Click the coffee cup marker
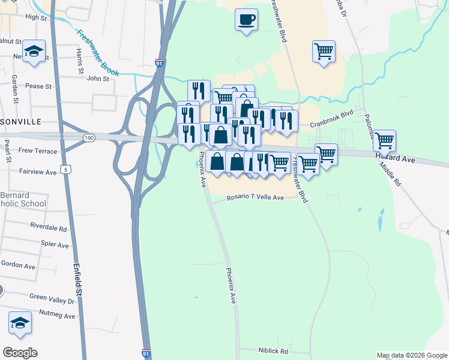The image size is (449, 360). [x=246, y=19]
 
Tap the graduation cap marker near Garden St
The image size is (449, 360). [x=34, y=52]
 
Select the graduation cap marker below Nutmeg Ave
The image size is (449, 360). [x=20, y=323]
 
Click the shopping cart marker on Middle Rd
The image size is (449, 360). [x=384, y=141]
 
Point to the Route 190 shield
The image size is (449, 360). [x=89, y=138]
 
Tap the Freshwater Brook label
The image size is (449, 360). [x=98, y=52]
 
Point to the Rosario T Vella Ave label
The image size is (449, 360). [x=255, y=198]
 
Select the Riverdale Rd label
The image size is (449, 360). [x=48, y=228]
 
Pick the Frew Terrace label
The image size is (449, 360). [x=37, y=150]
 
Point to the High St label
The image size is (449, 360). [x=36, y=18]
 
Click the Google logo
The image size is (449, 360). [x=20, y=353]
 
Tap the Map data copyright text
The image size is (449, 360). [x=411, y=355]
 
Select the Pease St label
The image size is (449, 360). [x=38, y=86]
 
